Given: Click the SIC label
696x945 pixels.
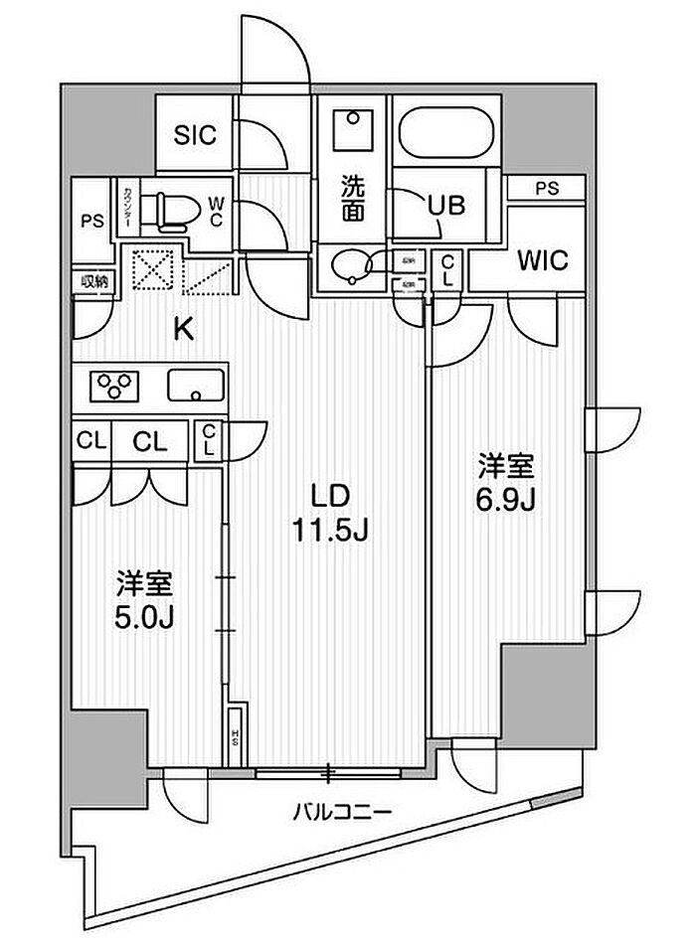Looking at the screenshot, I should [x=196, y=135].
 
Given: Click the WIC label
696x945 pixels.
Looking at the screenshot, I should [x=542, y=261].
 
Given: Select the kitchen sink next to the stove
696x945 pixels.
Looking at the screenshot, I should [x=196, y=384].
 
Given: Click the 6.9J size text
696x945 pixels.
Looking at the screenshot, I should [x=507, y=499].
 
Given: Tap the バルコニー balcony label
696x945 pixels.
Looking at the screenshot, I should [x=341, y=812].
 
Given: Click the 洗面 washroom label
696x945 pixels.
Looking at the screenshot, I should [x=352, y=197].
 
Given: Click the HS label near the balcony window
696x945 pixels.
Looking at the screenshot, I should [x=236, y=737].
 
